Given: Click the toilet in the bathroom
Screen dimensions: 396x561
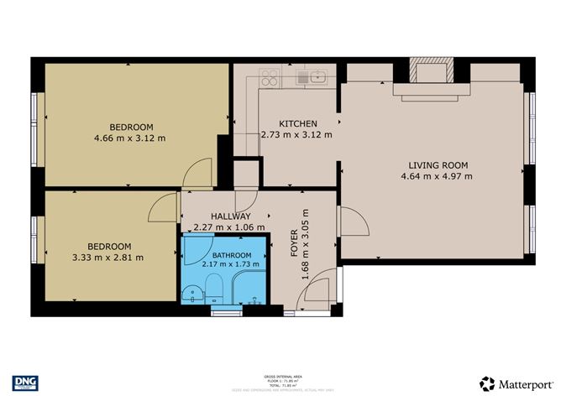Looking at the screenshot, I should point(212,294).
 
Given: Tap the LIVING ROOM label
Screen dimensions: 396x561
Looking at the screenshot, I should point(438,165).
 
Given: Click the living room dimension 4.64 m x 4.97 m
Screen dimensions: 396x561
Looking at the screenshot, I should point(438,177).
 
